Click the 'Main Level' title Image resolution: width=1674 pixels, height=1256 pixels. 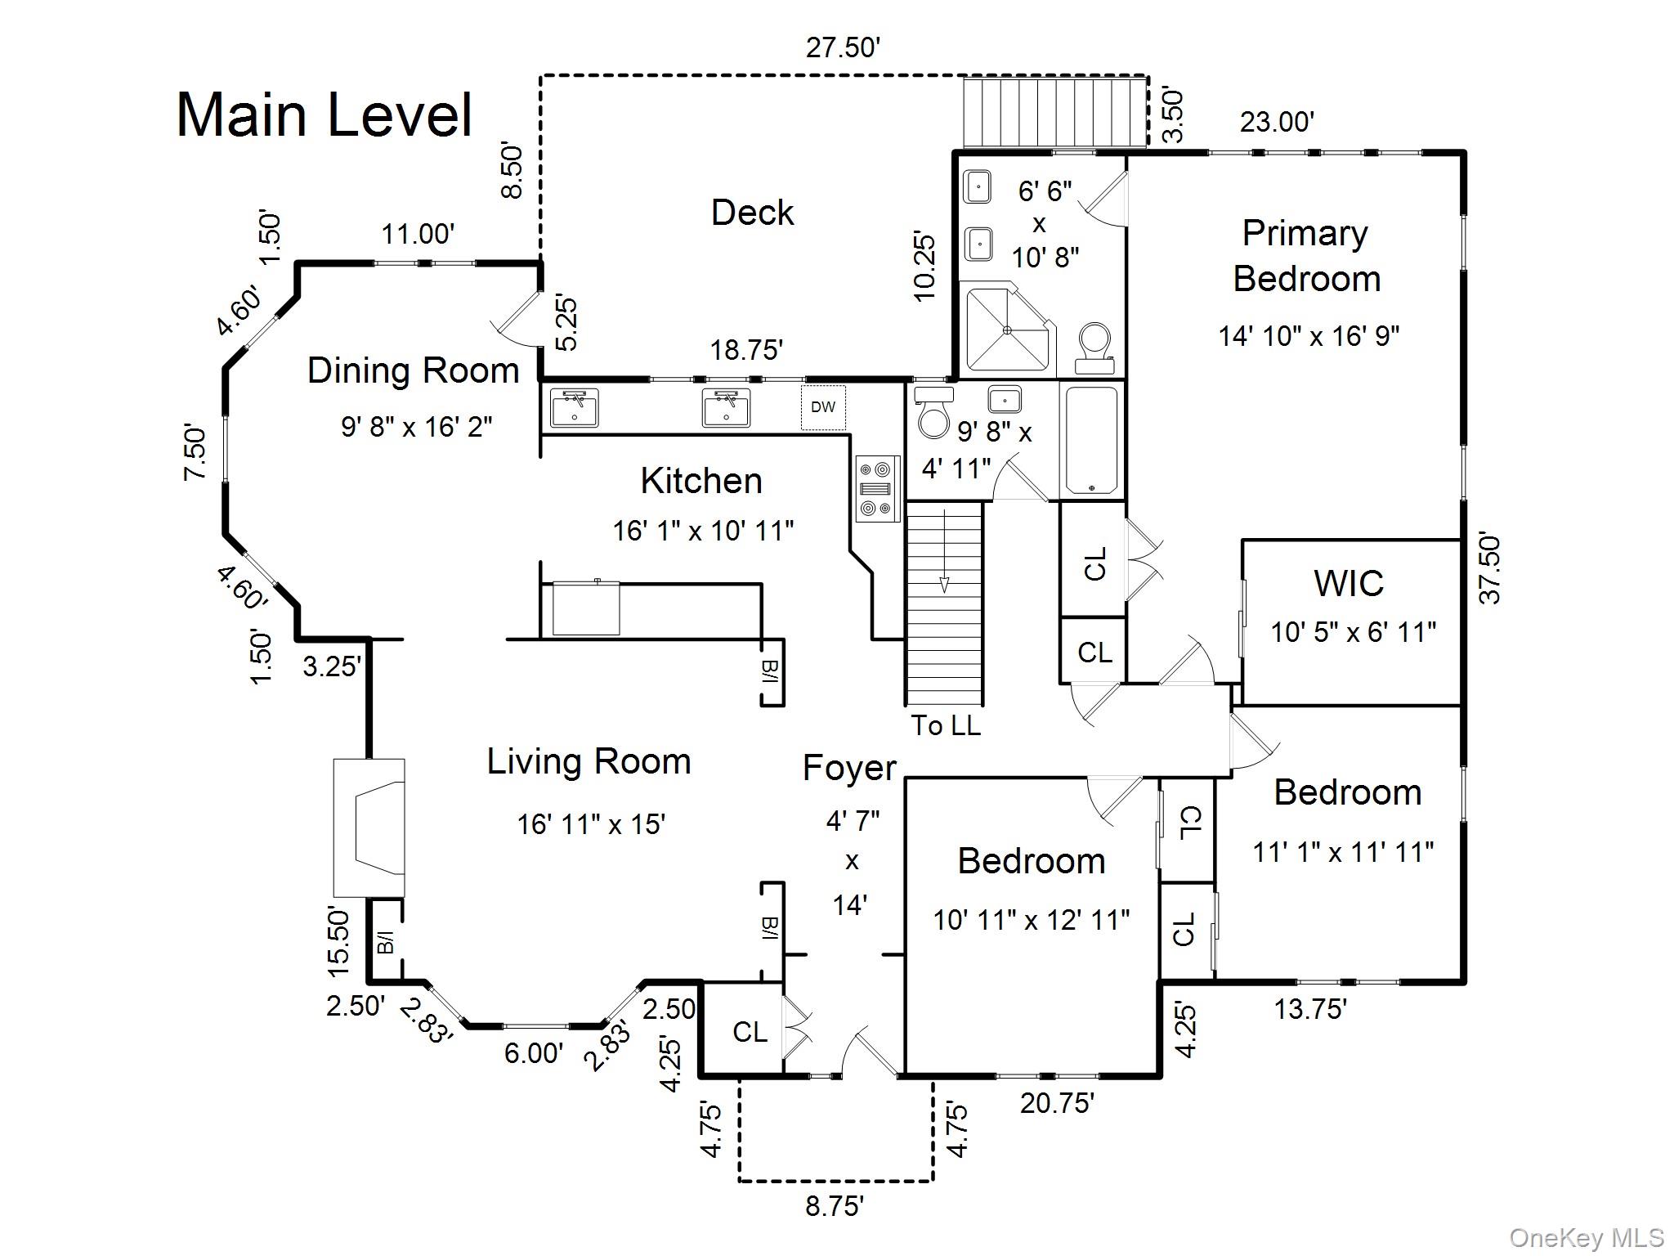[x=325, y=115]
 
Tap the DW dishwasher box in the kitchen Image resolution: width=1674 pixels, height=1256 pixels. [x=823, y=407]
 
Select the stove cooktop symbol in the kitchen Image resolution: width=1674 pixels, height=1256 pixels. [x=878, y=489]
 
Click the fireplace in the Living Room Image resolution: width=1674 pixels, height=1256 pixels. [x=369, y=828]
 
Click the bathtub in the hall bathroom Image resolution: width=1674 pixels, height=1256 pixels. [x=1093, y=440]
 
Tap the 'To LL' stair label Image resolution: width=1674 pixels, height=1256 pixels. [x=946, y=725]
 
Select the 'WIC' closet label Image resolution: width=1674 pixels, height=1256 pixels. [x=1349, y=584]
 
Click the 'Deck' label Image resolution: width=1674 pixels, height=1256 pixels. [x=753, y=213]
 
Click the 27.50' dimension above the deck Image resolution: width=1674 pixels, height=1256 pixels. [x=843, y=48]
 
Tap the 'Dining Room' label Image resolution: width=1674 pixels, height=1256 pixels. [x=414, y=370]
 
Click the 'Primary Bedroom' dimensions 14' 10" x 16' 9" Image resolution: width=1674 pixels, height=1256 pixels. [x=1309, y=336]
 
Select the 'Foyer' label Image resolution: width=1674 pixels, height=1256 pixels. [x=849, y=769]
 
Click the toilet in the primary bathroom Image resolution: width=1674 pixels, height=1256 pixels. [x=1094, y=349]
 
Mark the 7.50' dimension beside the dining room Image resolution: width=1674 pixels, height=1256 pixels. [x=195, y=451]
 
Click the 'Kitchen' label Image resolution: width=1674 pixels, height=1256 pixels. [x=701, y=481]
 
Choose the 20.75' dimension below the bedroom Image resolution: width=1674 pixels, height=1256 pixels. [x=1057, y=1104]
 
